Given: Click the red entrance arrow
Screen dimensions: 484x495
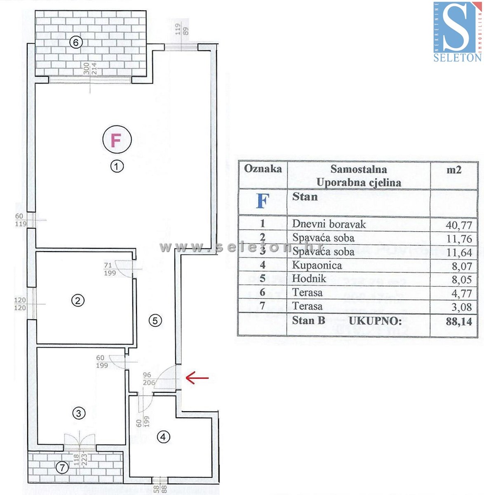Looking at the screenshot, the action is click(x=197, y=378).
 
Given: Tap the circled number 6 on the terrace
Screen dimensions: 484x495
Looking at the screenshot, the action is click(x=76, y=42).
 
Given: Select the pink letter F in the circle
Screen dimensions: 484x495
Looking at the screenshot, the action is click(x=116, y=140).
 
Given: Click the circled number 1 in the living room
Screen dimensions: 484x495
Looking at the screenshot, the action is click(x=117, y=167).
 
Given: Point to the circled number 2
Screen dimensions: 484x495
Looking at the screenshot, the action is click(x=78, y=301).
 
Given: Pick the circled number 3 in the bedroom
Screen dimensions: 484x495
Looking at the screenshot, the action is click(x=79, y=413).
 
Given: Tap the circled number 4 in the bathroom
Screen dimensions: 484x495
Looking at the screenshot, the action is click(x=163, y=437).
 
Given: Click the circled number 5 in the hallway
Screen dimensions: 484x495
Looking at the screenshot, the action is click(x=155, y=321).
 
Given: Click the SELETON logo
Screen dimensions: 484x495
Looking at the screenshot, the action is click(x=457, y=31).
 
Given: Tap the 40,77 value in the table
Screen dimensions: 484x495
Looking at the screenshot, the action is click(x=458, y=225).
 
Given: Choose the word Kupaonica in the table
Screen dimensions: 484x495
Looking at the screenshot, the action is click(x=317, y=265).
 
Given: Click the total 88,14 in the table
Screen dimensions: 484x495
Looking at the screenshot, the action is click(x=458, y=322).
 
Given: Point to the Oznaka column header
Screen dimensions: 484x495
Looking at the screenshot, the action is click(x=263, y=169).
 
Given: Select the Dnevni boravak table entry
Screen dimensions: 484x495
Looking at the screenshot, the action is click(x=329, y=224).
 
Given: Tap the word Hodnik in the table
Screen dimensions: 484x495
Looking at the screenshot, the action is click(x=309, y=279).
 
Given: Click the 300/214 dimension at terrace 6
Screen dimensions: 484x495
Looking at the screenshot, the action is click(x=90, y=68).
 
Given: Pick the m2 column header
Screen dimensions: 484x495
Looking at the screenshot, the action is click(x=454, y=170).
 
